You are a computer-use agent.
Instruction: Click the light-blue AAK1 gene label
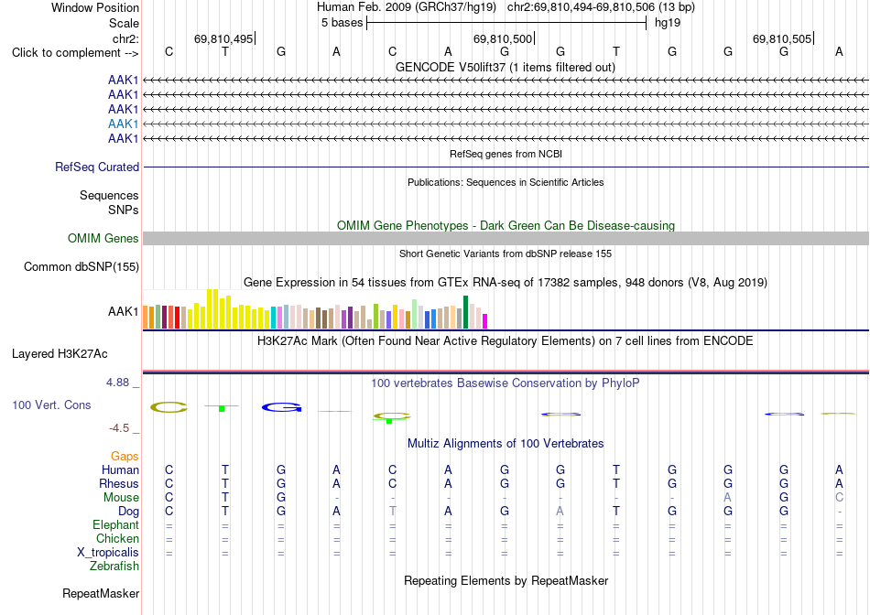point(124,124)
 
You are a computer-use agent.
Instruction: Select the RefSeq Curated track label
point(97,167)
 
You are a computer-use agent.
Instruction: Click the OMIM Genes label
point(103,239)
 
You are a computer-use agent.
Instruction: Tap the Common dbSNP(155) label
point(82,266)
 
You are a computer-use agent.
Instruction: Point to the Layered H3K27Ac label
point(60,354)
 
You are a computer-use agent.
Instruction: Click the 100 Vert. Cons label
point(51,405)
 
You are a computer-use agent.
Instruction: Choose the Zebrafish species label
point(114,566)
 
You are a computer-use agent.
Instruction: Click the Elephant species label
point(116,524)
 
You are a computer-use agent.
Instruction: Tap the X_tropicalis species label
point(108,553)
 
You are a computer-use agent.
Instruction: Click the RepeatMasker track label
point(101,593)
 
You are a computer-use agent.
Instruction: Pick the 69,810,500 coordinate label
point(503,38)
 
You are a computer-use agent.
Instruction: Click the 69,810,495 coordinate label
point(223,38)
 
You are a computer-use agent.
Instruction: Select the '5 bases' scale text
point(342,23)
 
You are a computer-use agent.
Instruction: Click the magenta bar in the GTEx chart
point(485,321)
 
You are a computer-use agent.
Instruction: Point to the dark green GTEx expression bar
point(466,312)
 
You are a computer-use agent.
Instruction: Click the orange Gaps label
point(125,456)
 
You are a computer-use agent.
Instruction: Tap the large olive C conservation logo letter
point(169,407)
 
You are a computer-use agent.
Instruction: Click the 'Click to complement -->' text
point(75,53)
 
